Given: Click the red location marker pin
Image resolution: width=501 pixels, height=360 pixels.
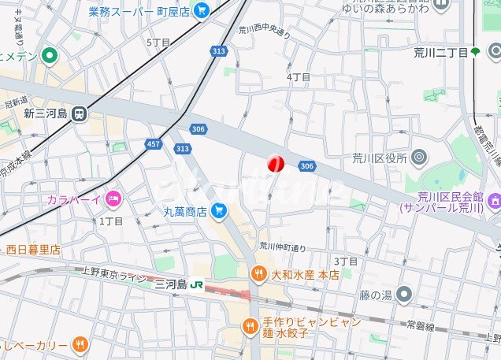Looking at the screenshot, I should pos(276,163).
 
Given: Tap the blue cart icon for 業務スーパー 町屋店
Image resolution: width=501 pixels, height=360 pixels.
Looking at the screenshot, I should pos(202,11).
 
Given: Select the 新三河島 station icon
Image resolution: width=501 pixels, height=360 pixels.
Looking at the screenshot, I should pos(79,114).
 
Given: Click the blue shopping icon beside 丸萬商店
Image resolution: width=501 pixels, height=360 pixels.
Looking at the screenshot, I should pos(219,210).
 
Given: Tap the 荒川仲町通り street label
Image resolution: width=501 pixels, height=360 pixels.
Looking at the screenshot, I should pos(283,246).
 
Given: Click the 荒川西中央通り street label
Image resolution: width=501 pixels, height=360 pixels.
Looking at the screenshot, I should pos(265,32).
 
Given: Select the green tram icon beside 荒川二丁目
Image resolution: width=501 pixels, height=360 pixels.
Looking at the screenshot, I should pos(475,52).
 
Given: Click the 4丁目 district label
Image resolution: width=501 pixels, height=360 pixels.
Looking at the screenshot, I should pos(299,76).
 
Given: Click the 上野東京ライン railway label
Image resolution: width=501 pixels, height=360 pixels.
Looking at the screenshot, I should pos(109,275).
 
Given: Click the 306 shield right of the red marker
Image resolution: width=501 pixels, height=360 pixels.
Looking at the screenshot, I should pos(307,165).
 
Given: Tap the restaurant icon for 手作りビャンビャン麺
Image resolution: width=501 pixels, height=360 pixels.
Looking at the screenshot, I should pos(250,326).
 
